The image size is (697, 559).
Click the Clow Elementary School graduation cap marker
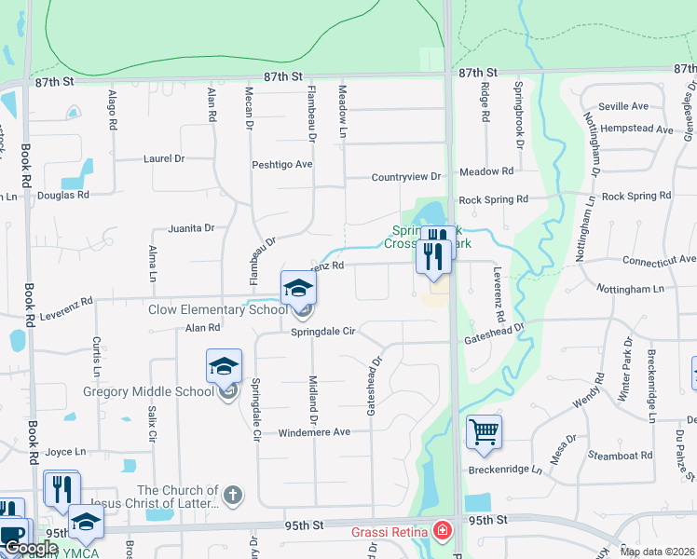299,287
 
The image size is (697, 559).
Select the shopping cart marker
484,431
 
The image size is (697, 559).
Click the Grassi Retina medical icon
443,532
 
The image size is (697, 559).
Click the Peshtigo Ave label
282,165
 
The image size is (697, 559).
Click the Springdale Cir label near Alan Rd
323,331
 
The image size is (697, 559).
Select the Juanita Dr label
191,227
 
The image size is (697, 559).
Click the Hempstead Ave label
637,130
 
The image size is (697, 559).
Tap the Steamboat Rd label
620,456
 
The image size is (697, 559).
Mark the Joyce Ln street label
65,451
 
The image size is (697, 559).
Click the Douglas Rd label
63,196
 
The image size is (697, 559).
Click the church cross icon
233,495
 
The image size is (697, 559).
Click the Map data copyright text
657,552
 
